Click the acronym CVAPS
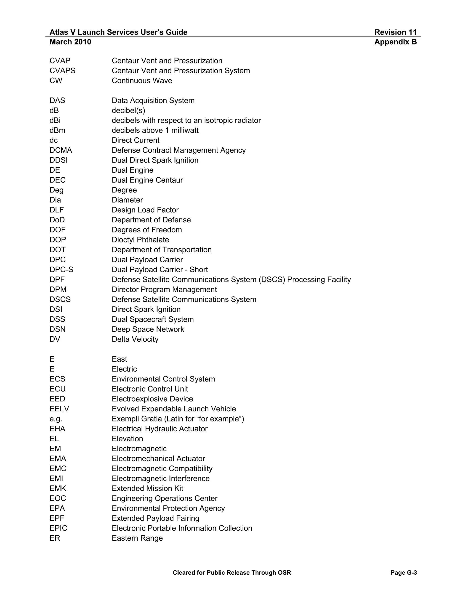click(x=62, y=71)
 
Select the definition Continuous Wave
click(x=142, y=81)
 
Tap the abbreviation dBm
click(x=57, y=130)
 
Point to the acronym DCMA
click(x=61, y=150)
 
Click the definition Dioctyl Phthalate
click(x=140, y=240)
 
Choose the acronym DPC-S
click(x=61, y=270)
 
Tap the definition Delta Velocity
click(x=135, y=339)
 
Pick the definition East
click(x=119, y=359)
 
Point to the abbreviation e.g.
click(x=56, y=419)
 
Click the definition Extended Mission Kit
click(x=147, y=488)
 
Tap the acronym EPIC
click(x=58, y=528)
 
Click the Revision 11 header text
click(x=395, y=32)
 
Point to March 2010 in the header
click(x=70, y=42)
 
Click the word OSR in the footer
click(x=285, y=573)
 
